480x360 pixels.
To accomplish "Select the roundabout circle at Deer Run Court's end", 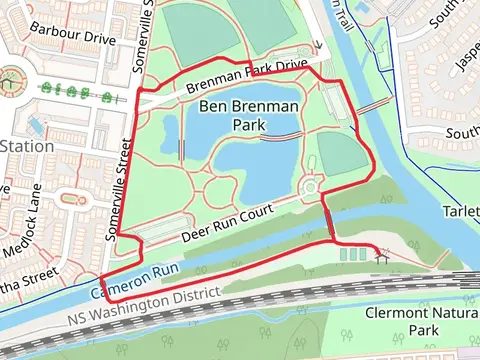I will (310, 187).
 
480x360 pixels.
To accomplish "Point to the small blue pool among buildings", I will (38, 125).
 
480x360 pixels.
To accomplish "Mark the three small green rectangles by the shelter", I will (353, 255).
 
